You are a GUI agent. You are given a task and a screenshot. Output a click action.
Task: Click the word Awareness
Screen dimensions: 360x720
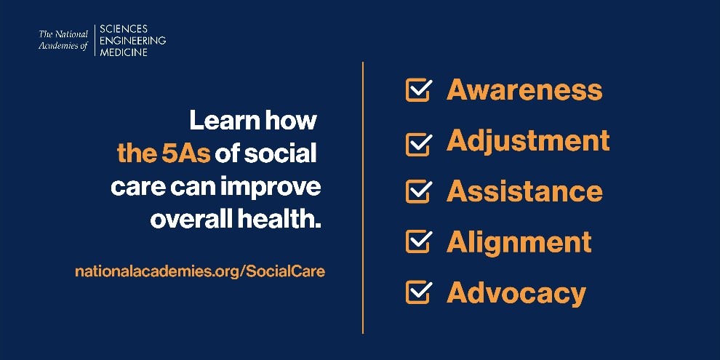coord(524,90)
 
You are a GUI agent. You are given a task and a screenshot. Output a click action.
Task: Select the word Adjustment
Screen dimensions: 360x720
coord(528,141)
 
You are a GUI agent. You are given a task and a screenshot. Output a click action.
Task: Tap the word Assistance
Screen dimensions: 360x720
coord(524,191)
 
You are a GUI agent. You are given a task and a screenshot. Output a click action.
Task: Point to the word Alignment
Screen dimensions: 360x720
coord(519,242)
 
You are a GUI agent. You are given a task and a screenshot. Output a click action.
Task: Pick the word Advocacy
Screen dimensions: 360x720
coord(516,293)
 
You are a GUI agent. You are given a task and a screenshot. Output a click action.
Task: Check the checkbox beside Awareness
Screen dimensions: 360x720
coord(417,91)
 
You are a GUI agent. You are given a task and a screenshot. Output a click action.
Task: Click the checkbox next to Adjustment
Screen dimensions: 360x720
coord(417,143)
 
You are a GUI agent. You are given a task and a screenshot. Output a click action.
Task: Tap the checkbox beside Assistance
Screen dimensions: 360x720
coord(417,192)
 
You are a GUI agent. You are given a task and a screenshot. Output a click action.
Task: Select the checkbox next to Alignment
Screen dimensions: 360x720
coord(417,242)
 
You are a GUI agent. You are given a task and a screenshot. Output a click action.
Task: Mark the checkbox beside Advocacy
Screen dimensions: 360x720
coord(417,293)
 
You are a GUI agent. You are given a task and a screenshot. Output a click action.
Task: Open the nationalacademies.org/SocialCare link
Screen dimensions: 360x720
coord(200,271)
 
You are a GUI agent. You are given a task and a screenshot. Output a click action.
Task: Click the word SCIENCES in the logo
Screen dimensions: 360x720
coord(124,29)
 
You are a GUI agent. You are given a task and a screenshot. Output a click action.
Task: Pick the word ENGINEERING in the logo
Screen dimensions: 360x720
coord(132,41)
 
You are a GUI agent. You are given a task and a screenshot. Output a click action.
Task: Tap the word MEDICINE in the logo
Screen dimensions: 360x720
coord(125,52)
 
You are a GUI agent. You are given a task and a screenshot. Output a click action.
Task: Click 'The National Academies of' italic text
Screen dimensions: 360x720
coord(64,41)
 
